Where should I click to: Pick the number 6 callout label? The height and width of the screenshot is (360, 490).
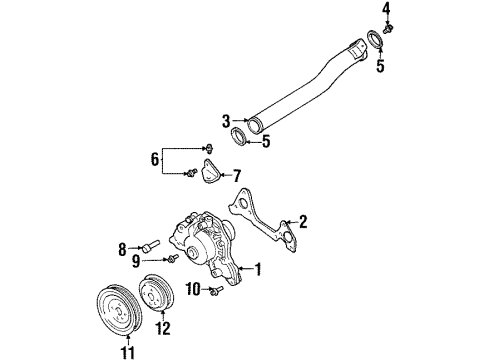[153, 158]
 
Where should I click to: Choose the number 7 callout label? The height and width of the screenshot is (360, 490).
[238, 176]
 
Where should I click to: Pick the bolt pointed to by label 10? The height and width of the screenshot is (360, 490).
[214, 291]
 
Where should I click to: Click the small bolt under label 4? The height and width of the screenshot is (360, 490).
[387, 28]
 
